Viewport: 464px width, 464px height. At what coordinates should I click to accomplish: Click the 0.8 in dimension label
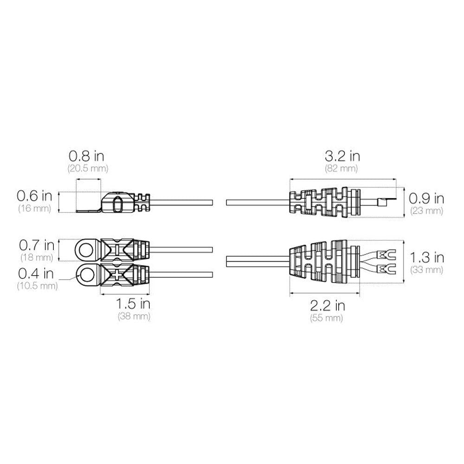pyautogui.click(x=86, y=155)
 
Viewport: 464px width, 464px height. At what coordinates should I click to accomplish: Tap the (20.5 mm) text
pyautogui.click(x=88, y=168)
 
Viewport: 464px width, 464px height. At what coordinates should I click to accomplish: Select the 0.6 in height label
pyautogui.click(x=34, y=196)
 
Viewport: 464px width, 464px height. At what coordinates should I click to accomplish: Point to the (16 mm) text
pyautogui.click(x=35, y=208)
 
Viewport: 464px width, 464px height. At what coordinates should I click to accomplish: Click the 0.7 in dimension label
pyautogui.click(x=37, y=245)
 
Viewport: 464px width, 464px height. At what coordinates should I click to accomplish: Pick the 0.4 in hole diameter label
pyautogui.click(x=36, y=273)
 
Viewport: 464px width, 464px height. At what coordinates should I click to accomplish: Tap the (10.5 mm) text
pyautogui.click(x=37, y=286)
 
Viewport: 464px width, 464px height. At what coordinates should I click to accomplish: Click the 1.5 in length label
pyautogui.click(x=133, y=304)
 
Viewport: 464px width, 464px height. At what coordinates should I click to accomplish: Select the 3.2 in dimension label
pyautogui.click(x=342, y=156)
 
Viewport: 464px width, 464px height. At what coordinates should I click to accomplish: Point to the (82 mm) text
pyautogui.click(x=342, y=168)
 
